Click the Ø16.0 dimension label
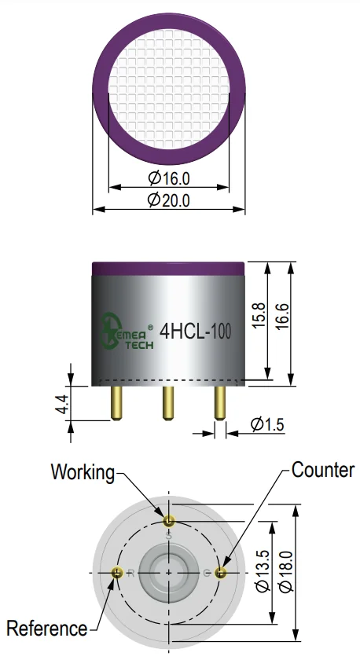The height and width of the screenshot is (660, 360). [x=169, y=178]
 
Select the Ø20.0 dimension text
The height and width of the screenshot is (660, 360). [x=168, y=200]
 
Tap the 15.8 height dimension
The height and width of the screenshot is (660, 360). [x=259, y=315]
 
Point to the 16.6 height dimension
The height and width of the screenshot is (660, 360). [x=283, y=315]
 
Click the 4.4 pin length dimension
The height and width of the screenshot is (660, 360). [x=64, y=404]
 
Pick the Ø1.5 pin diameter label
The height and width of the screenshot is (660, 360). [x=267, y=424]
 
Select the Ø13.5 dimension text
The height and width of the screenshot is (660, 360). [x=263, y=570]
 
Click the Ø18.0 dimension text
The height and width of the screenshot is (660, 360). [x=287, y=570]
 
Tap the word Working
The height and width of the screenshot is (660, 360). [x=83, y=473]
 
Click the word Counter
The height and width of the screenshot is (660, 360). [x=323, y=470]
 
